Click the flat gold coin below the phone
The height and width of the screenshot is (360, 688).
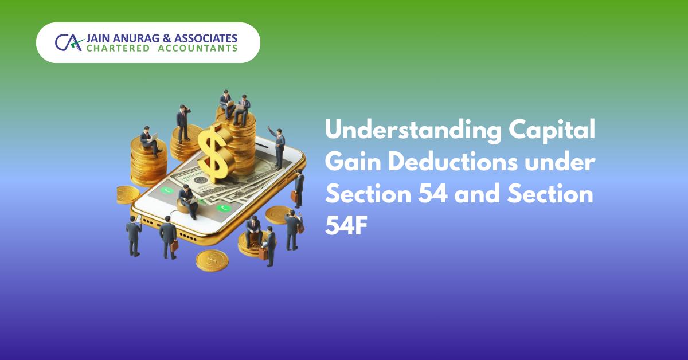point(212,259)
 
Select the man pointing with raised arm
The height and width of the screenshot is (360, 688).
point(279,148)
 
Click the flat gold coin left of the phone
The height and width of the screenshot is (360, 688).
point(127,194)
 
